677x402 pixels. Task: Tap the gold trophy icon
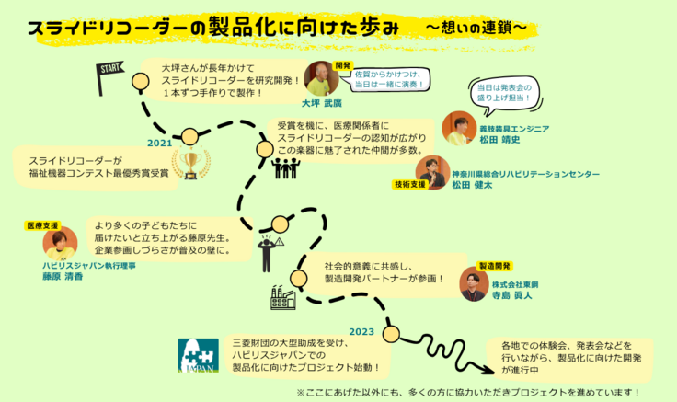[x=191, y=164]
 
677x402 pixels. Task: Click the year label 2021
[x=160, y=143]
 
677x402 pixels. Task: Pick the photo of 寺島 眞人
[x=474, y=284]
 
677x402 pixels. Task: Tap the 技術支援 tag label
[x=409, y=184]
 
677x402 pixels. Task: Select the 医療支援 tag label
[x=42, y=224]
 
